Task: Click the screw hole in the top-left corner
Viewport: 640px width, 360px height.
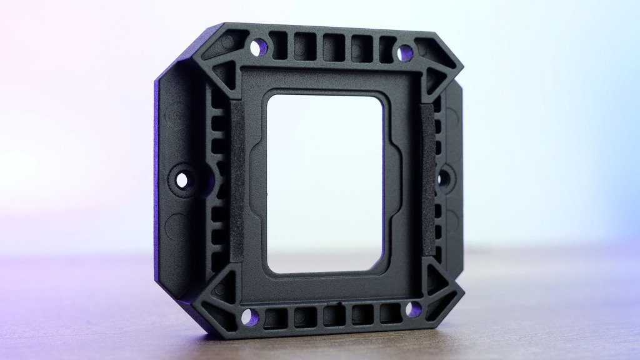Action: (x=256, y=47)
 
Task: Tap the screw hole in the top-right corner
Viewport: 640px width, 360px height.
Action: (x=405, y=53)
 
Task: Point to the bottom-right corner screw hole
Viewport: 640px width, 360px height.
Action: (x=413, y=309)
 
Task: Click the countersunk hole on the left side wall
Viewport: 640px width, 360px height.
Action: (x=182, y=180)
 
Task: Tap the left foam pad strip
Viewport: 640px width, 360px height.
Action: (x=237, y=181)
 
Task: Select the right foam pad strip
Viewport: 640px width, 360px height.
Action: (x=427, y=181)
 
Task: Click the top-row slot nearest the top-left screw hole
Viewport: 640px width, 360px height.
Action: (x=277, y=45)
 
